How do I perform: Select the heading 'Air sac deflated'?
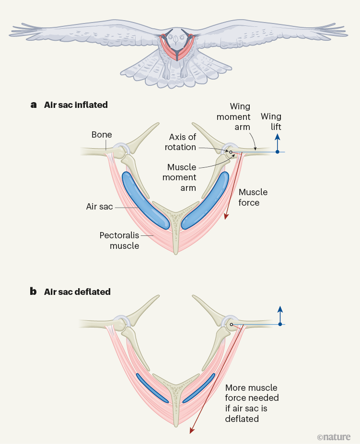click(77, 292)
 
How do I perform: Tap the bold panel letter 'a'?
click(34, 105)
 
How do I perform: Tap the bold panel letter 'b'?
click(34, 292)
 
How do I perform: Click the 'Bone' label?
click(102, 135)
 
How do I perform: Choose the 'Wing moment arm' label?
click(233, 117)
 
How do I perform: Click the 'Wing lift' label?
click(271, 122)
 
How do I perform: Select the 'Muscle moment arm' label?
click(181, 177)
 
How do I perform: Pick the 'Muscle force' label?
click(253, 198)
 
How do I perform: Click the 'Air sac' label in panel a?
click(99, 207)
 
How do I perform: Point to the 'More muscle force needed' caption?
click(252, 403)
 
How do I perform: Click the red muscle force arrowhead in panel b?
click(192, 430)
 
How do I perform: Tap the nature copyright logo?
click(334, 436)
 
